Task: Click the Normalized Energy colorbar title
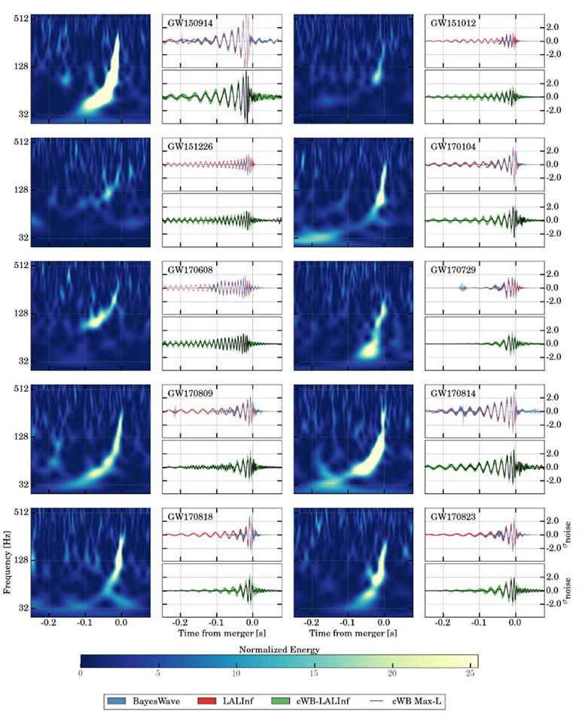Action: (x=279, y=649)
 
